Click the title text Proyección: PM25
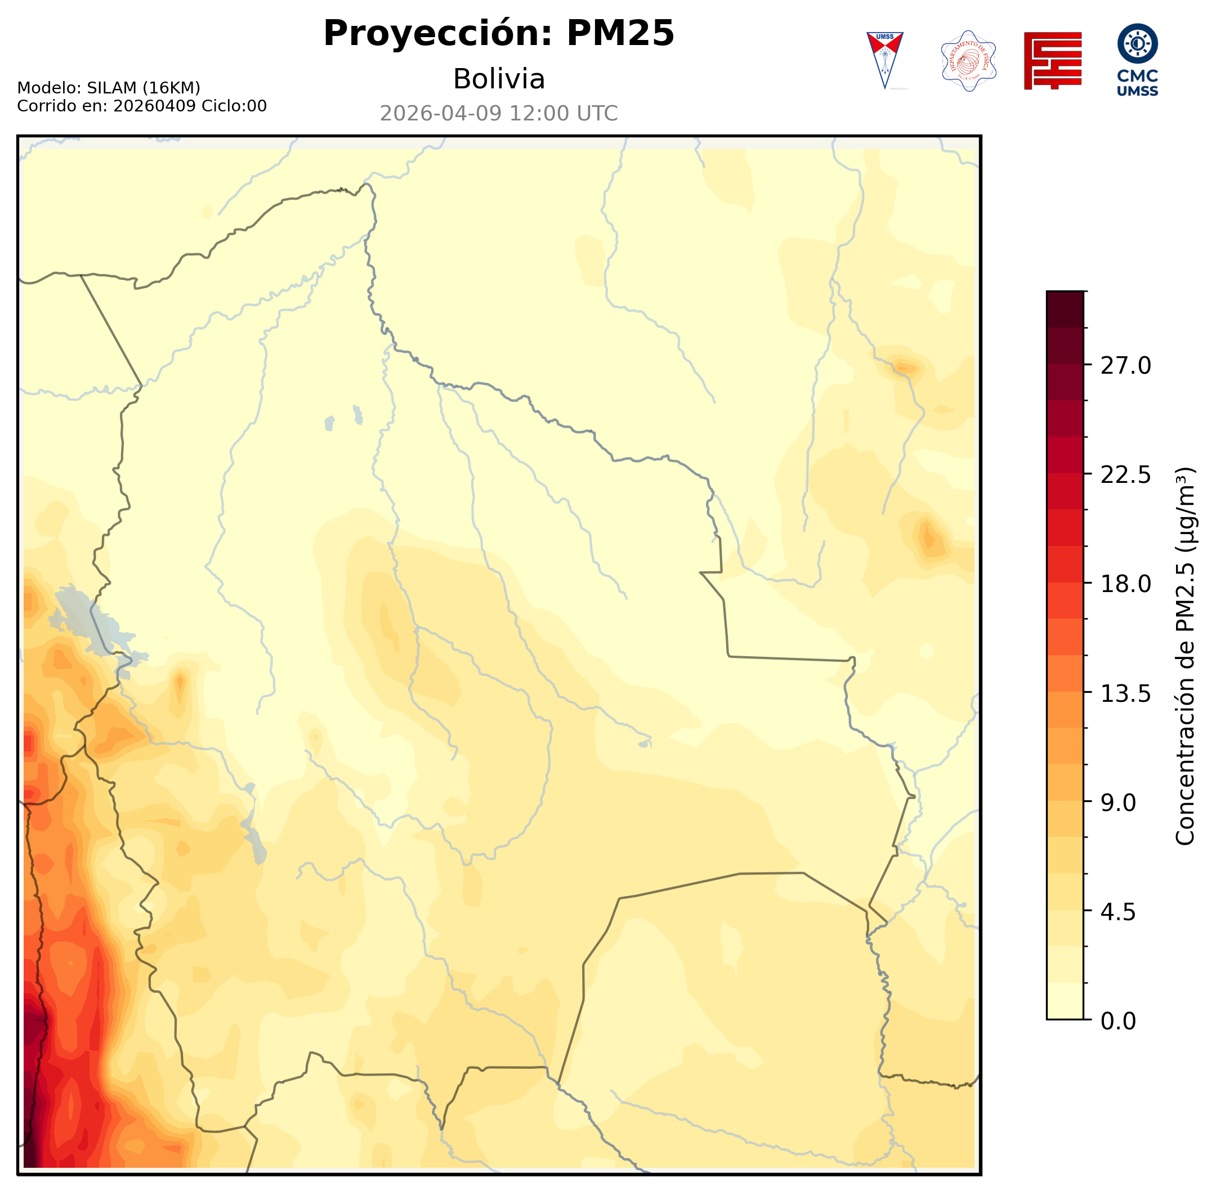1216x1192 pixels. click(x=498, y=33)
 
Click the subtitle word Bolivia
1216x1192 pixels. click(x=498, y=79)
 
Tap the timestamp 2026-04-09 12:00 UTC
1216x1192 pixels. click(x=498, y=113)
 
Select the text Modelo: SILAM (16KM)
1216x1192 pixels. click(x=108, y=88)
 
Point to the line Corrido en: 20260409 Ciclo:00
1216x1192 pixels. click(x=141, y=106)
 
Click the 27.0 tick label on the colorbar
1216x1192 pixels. click(x=1125, y=366)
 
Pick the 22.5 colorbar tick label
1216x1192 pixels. click(x=1125, y=474)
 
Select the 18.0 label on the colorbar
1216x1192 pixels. click(x=1125, y=584)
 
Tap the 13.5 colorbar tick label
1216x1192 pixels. click(x=1125, y=694)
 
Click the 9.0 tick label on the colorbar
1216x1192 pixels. click(x=1117, y=803)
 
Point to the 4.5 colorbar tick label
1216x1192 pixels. click(x=1117, y=912)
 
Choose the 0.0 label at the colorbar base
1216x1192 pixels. click(x=1117, y=1021)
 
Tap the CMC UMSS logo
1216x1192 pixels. click(x=1137, y=60)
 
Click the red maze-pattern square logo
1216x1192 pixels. click(x=1053, y=61)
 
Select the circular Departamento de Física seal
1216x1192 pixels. click(x=969, y=61)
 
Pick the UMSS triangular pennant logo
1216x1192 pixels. click(x=885, y=60)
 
